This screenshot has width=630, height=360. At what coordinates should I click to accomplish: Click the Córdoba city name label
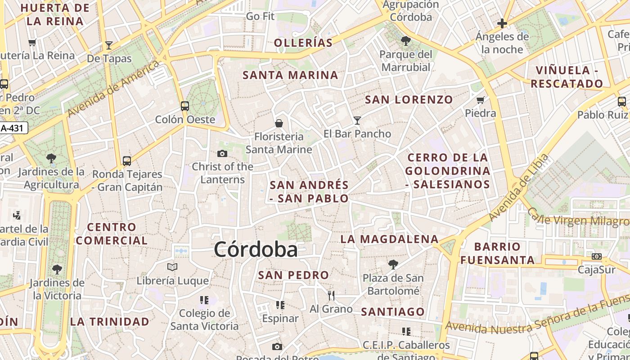point(256,249)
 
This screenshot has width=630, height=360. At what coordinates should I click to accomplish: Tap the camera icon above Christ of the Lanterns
point(222,154)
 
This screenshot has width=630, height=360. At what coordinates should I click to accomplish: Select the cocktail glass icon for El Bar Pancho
point(357,120)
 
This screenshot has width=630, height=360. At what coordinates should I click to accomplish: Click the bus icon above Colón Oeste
point(185,106)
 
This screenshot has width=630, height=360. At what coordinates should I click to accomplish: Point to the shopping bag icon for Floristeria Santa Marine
point(279,123)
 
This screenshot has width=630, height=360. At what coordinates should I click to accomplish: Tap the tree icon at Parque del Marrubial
point(405,41)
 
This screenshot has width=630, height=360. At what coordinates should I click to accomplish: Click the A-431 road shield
point(13,128)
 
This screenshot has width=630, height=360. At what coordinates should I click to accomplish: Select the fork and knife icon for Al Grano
point(331,295)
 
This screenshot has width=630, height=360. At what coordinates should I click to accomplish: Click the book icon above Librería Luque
point(172,267)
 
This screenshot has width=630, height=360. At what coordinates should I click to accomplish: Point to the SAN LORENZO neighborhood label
point(409,100)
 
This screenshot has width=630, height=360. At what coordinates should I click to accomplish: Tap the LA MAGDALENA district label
point(389,239)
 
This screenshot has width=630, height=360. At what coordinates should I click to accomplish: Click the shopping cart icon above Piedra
point(481,100)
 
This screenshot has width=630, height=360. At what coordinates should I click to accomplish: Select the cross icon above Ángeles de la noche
point(502,23)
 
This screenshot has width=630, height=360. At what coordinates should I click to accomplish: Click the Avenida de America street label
point(113,88)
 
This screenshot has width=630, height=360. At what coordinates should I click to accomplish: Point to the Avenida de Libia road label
point(519,188)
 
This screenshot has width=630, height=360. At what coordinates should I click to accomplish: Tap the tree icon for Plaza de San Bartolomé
point(393,265)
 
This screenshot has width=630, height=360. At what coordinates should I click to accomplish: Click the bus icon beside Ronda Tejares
point(127,161)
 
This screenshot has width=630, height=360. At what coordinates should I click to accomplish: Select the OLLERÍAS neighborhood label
point(303,43)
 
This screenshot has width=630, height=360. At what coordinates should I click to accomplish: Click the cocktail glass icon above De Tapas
point(108,45)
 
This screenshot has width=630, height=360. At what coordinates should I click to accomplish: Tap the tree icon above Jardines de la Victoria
point(57,270)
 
